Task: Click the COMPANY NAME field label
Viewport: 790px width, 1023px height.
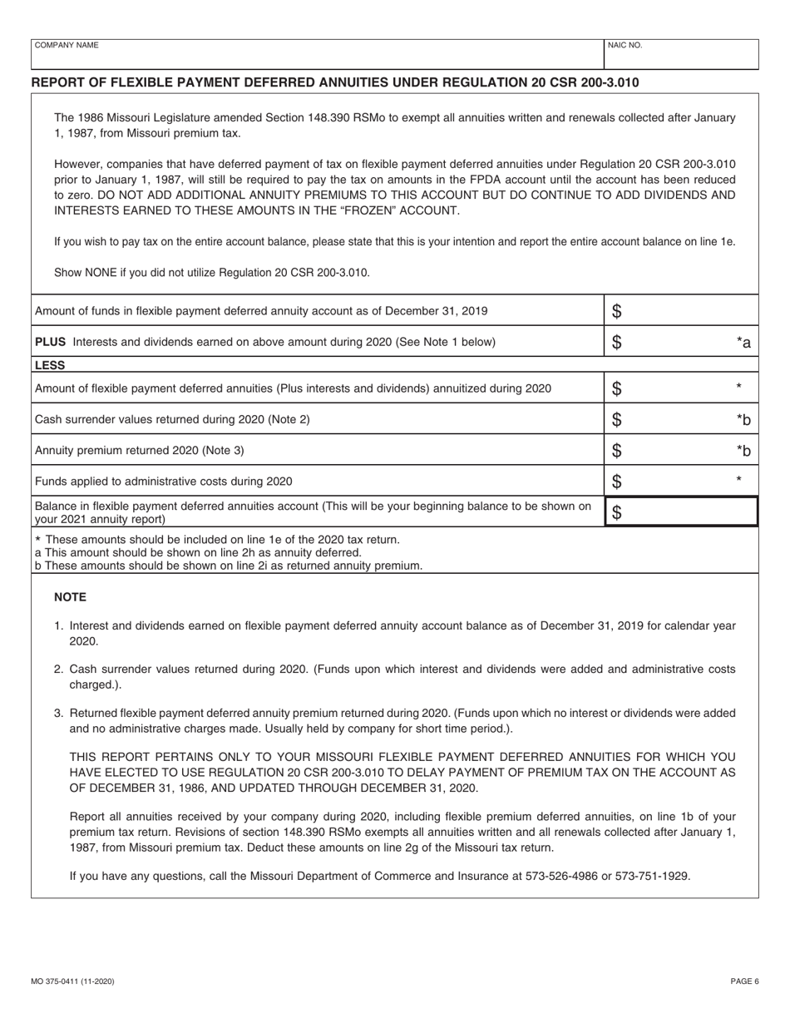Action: pyautogui.click(x=65, y=46)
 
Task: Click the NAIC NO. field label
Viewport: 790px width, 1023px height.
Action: pyautogui.click(x=625, y=46)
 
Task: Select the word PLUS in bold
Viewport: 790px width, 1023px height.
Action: pyautogui.click(x=51, y=342)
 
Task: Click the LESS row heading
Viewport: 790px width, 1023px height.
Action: pyautogui.click(x=50, y=364)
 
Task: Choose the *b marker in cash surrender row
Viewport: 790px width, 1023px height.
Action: pyautogui.click(x=743, y=420)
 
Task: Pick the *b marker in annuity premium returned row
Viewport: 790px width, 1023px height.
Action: pyautogui.click(x=743, y=451)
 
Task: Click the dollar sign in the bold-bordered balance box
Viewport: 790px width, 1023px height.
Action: pyautogui.click(x=617, y=513)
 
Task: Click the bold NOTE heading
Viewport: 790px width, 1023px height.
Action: pyautogui.click(x=70, y=597)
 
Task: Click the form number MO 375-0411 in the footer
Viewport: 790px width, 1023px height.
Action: pyautogui.click(x=73, y=981)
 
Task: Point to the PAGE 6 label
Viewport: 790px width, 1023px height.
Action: pyautogui.click(x=744, y=981)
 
